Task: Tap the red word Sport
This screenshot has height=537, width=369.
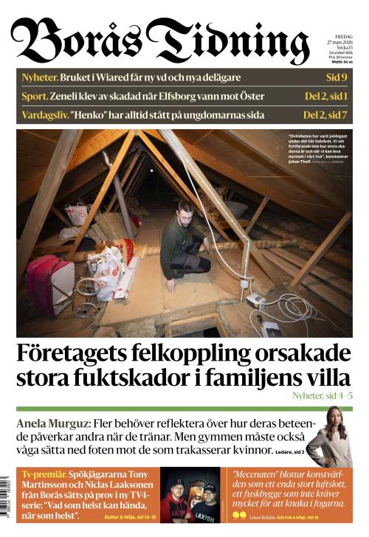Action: point(34,96)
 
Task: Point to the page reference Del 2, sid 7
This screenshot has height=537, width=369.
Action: point(325,115)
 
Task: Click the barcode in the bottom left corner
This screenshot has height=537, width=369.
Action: point(7,496)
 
